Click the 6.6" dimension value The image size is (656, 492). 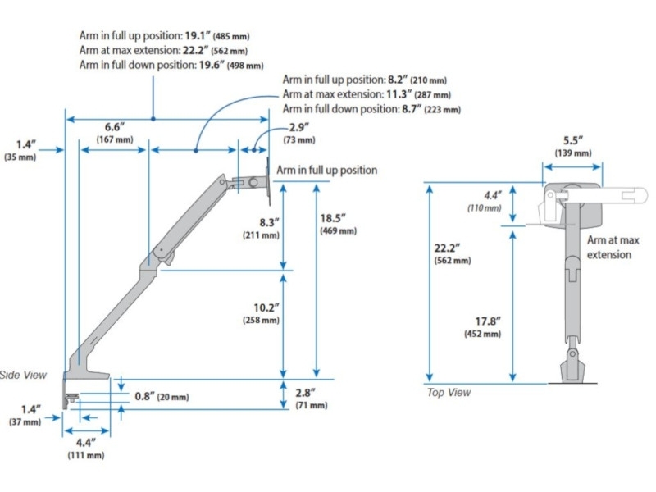[115, 127]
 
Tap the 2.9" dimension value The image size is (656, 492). [298, 127]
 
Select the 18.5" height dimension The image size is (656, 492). [333, 218]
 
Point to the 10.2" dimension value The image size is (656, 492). [266, 307]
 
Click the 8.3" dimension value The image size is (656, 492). [269, 222]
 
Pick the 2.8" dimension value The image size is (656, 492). [305, 393]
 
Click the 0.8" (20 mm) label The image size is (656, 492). [162, 396]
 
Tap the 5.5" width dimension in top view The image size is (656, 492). [572, 140]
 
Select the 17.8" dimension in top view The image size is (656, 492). [488, 321]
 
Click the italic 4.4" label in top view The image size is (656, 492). [493, 195]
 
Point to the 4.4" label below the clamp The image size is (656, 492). [86, 442]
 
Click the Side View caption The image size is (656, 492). [24, 375]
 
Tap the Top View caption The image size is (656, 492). [449, 393]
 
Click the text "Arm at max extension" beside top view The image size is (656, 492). [613, 248]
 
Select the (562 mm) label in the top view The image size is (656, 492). [453, 261]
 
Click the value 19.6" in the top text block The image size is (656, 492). [212, 65]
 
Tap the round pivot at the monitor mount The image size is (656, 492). [253, 183]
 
